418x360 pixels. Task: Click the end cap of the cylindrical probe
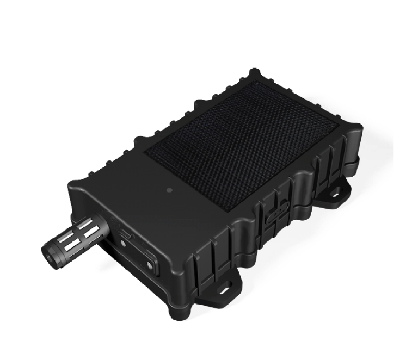click(51, 251)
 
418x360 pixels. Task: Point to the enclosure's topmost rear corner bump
click(255, 73)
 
